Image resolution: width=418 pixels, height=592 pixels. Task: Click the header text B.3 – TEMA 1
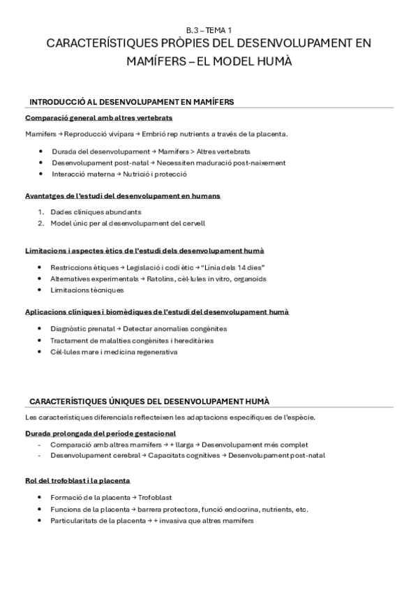click(209, 30)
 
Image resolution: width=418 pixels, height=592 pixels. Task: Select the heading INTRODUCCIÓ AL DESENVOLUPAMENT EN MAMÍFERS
click(131, 102)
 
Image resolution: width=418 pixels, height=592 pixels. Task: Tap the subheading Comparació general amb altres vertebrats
click(98, 118)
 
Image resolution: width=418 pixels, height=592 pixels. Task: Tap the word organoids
click(249, 279)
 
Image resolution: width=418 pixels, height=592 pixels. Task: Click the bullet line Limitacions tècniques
click(87, 290)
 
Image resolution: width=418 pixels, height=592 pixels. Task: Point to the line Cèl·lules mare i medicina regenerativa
click(114, 352)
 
